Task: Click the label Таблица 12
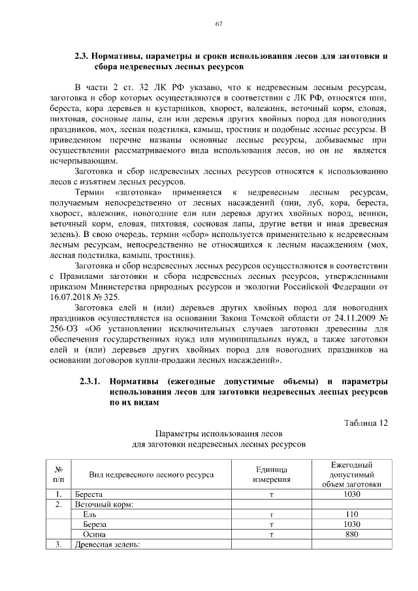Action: click(366, 423)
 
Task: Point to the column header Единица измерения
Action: click(271, 475)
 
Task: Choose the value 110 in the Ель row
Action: click(351, 515)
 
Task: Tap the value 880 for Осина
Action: click(351, 534)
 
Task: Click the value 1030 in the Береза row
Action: click(351, 524)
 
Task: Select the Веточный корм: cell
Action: click(104, 504)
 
